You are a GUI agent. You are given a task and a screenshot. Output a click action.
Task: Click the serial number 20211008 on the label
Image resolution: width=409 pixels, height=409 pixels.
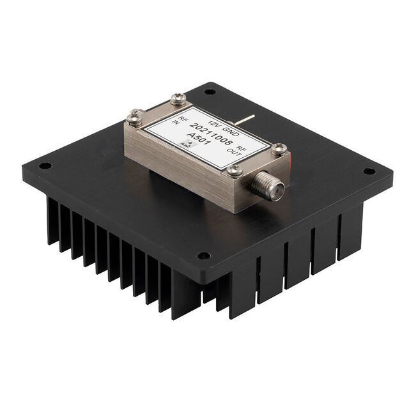click(x=212, y=134)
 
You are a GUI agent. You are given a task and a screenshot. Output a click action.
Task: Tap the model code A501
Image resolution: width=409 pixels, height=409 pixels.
click(x=199, y=139)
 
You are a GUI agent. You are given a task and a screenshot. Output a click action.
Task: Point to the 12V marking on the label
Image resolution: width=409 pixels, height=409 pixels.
click(x=215, y=123)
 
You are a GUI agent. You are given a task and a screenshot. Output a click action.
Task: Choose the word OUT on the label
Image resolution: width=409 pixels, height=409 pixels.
click(x=235, y=152)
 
